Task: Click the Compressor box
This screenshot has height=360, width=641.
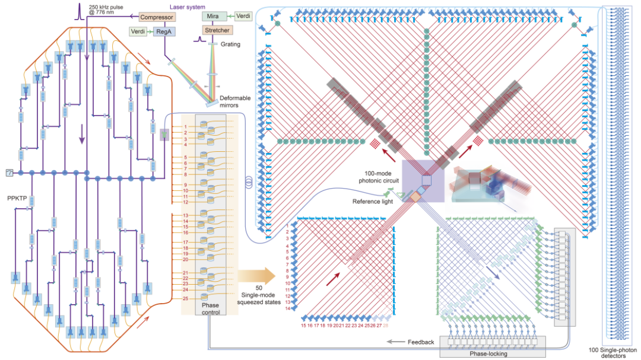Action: point(156,17)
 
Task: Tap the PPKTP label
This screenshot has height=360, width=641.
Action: point(18,199)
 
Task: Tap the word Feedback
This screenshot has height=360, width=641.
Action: point(421,342)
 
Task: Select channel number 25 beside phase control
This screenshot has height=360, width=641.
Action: point(185,298)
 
